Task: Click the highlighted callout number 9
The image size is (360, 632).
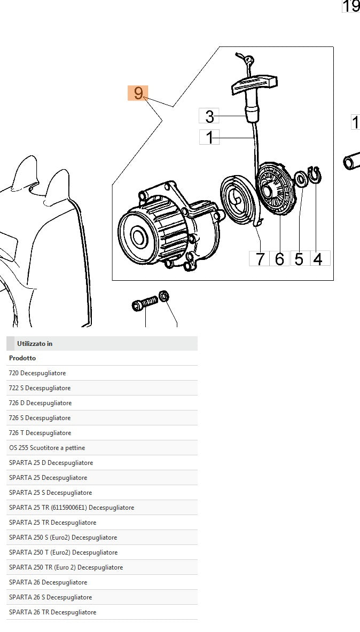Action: pyautogui.click(x=138, y=93)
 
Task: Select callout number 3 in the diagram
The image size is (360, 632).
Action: pyautogui.click(x=209, y=116)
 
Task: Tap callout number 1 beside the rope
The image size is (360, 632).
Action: pyautogui.click(x=209, y=137)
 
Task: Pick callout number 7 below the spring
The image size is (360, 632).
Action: pyautogui.click(x=260, y=259)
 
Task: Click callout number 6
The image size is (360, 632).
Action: pyautogui.click(x=279, y=259)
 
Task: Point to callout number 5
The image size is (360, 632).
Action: pyautogui.click(x=299, y=259)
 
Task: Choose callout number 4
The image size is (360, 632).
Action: pyautogui.click(x=318, y=259)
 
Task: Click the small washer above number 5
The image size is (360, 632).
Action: pyautogui.click(x=301, y=178)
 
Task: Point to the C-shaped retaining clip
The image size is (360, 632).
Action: pyautogui.click(x=315, y=175)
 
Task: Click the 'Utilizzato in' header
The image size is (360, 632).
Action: pyautogui.click(x=35, y=344)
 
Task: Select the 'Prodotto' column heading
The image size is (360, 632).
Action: pyautogui.click(x=22, y=358)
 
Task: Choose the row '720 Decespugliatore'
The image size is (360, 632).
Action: pyautogui.click(x=37, y=373)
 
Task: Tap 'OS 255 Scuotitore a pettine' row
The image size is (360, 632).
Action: pyautogui.click(x=47, y=448)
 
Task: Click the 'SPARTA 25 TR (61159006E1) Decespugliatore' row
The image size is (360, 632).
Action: pyautogui.click(x=72, y=508)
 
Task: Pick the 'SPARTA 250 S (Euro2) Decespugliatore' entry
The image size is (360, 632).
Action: pyautogui.click(x=63, y=538)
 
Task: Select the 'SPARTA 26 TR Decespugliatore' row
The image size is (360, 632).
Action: pyautogui.click(x=52, y=612)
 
